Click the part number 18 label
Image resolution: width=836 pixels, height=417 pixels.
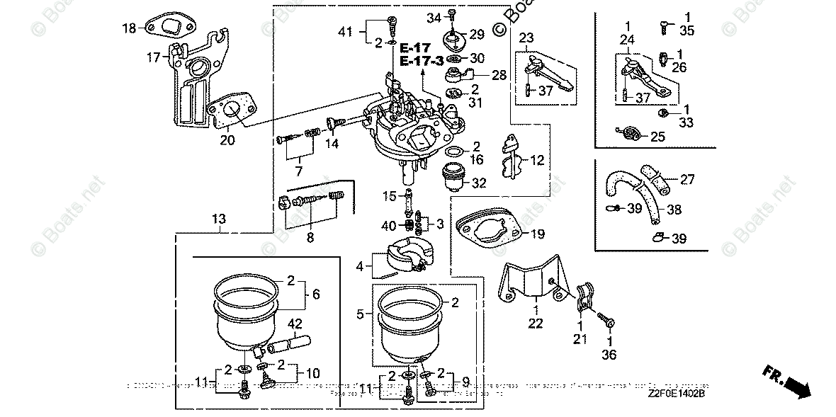[128, 29]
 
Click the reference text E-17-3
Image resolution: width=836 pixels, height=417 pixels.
[422, 61]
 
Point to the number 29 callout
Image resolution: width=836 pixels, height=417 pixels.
[476, 34]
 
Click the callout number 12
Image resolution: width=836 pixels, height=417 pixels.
[537, 161]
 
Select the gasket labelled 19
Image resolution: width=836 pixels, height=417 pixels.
[489, 225]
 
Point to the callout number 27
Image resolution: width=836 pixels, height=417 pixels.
[688, 180]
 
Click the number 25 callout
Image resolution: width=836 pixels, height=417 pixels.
[657, 137]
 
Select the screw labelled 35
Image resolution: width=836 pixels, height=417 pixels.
[665, 26]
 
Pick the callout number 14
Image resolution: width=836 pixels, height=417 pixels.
[331, 144]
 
